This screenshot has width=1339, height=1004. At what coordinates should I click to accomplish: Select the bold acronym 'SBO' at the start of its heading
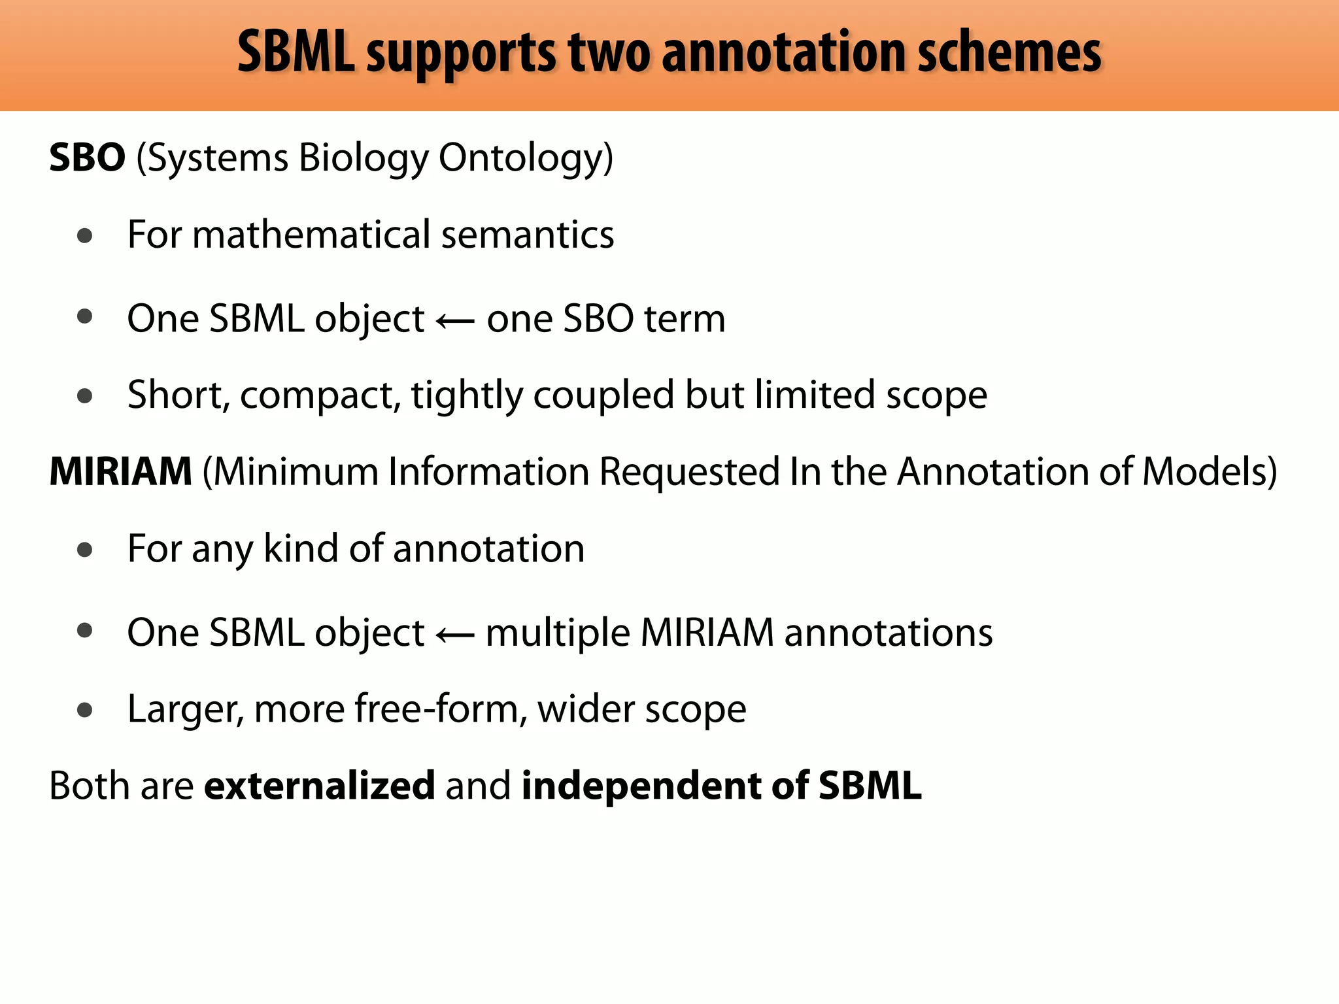pyautogui.click(x=87, y=158)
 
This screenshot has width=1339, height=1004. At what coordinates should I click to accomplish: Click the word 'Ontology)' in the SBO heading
pyautogui.click(x=526, y=158)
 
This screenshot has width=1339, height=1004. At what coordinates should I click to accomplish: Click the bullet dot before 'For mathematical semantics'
pyautogui.click(x=84, y=236)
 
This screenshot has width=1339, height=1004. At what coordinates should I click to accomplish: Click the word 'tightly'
pyautogui.click(x=467, y=395)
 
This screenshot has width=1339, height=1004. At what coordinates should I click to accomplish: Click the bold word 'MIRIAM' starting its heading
pyautogui.click(x=121, y=471)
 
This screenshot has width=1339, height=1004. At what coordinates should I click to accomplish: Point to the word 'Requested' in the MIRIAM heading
pyautogui.click(x=690, y=471)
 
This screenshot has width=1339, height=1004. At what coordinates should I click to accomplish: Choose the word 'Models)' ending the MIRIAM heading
pyautogui.click(x=1209, y=471)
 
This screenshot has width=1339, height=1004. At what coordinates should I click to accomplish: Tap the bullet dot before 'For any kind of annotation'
pyautogui.click(x=84, y=550)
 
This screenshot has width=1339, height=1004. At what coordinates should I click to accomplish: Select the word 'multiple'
pyautogui.click(x=558, y=633)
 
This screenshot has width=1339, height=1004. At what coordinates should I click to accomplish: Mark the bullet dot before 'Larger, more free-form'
pyautogui.click(x=84, y=710)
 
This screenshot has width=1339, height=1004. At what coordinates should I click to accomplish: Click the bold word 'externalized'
pyautogui.click(x=320, y=785)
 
